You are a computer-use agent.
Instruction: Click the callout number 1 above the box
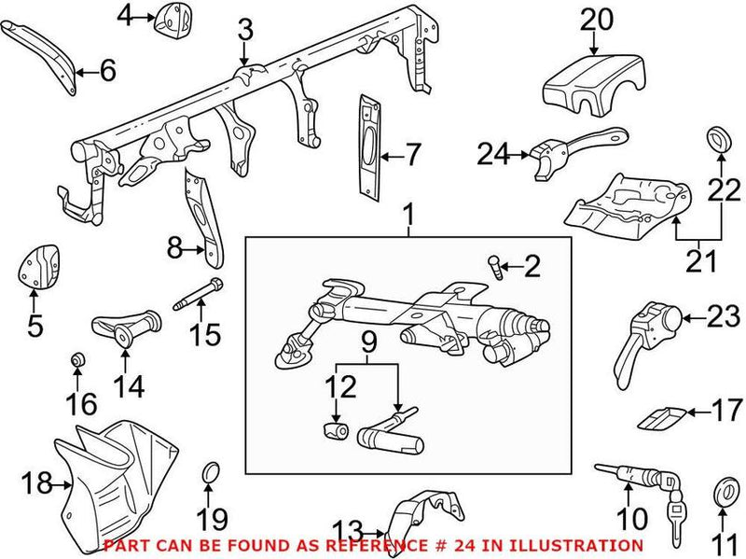408,217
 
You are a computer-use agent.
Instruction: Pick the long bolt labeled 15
197,294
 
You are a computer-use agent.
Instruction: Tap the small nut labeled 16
78,359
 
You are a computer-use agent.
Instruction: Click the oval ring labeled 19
211,479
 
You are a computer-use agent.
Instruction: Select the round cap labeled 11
723,493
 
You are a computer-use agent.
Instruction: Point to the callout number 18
35,483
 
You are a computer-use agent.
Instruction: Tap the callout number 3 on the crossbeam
245,31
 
